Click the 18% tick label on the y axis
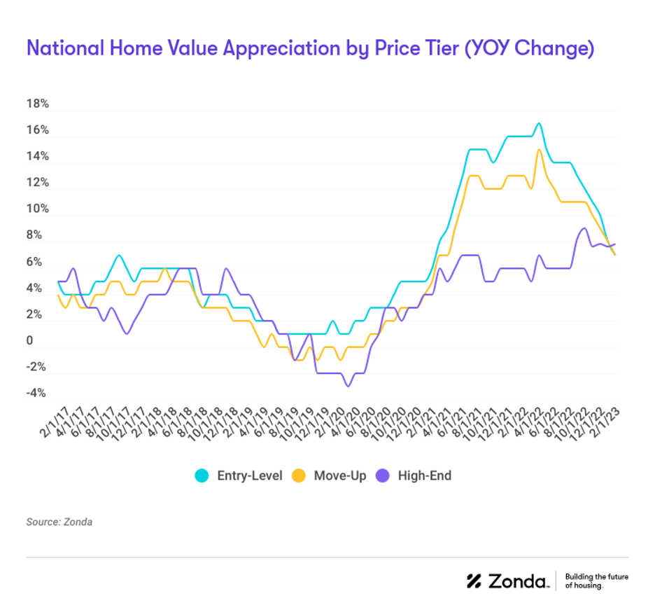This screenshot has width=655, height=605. pyautogui.click(x=37, y=104)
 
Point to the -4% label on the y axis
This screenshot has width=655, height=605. pyautogui.click(x=37, y=393)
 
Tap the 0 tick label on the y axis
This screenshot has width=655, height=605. pyautogui.click(x=29, y=340)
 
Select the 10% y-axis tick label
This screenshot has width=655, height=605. pyautogui.click(x=37, y=209)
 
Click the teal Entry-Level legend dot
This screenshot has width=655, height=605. pyautogui.click(x=202, y=476)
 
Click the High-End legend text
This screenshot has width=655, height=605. pyautogui.click(x=425, y=476)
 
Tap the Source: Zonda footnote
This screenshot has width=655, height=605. pyautogui.click(x=59, y=522)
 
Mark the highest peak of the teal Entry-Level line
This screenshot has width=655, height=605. pyautogui.click(x=538, y=123)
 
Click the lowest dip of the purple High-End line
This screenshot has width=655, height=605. pyautogui.click(x=346, y=386)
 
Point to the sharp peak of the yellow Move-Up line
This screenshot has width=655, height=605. pyautogui.click(x=539, y=149)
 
